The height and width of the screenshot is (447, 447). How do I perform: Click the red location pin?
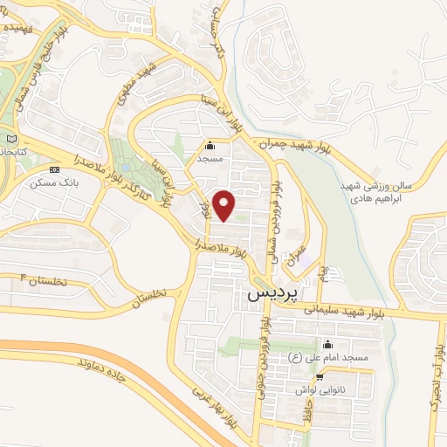(225, 203)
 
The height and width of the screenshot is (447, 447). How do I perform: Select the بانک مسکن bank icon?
(56, 169)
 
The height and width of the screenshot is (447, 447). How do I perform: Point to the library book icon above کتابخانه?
(11, 138)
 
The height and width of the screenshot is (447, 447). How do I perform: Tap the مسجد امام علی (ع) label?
(328, 357)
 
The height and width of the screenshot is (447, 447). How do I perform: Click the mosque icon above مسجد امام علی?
(327, 344)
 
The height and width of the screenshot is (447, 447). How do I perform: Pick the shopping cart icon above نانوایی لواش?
(320, 377)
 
